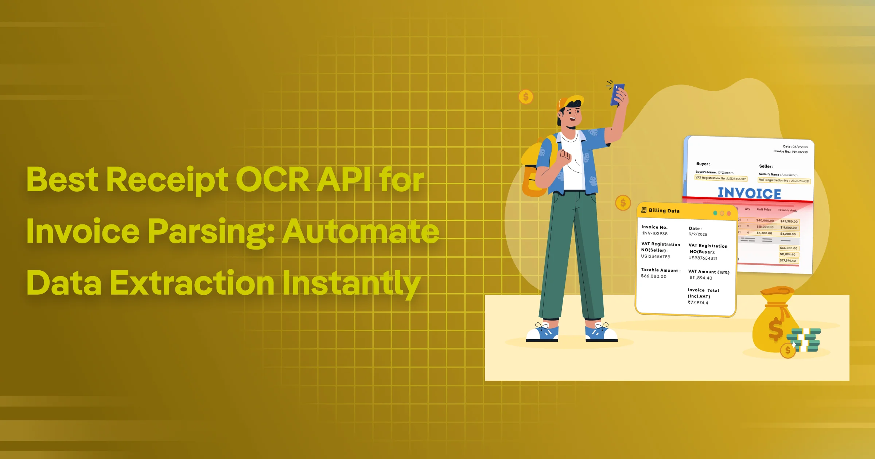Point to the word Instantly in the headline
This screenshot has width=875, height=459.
tap(351, 283)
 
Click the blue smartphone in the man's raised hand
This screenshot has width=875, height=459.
tap(618, 94)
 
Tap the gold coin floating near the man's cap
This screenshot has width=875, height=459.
tap(526, 97)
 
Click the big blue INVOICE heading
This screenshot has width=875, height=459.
tap(749, 193)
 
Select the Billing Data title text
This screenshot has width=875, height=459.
tap(664, 211)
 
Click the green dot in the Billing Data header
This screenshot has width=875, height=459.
tap(715, 213)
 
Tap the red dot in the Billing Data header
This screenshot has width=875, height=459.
tap(729, 213)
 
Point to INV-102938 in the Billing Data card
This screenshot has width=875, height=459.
tap(655, 234)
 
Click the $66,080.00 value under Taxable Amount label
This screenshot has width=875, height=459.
tap(654, 276)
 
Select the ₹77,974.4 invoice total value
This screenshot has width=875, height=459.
tap(698, 303)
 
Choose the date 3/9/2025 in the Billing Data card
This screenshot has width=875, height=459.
tap(698, 234)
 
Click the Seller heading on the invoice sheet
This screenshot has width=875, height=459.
tap(766, 166)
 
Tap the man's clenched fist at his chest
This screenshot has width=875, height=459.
tap(566, 156)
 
